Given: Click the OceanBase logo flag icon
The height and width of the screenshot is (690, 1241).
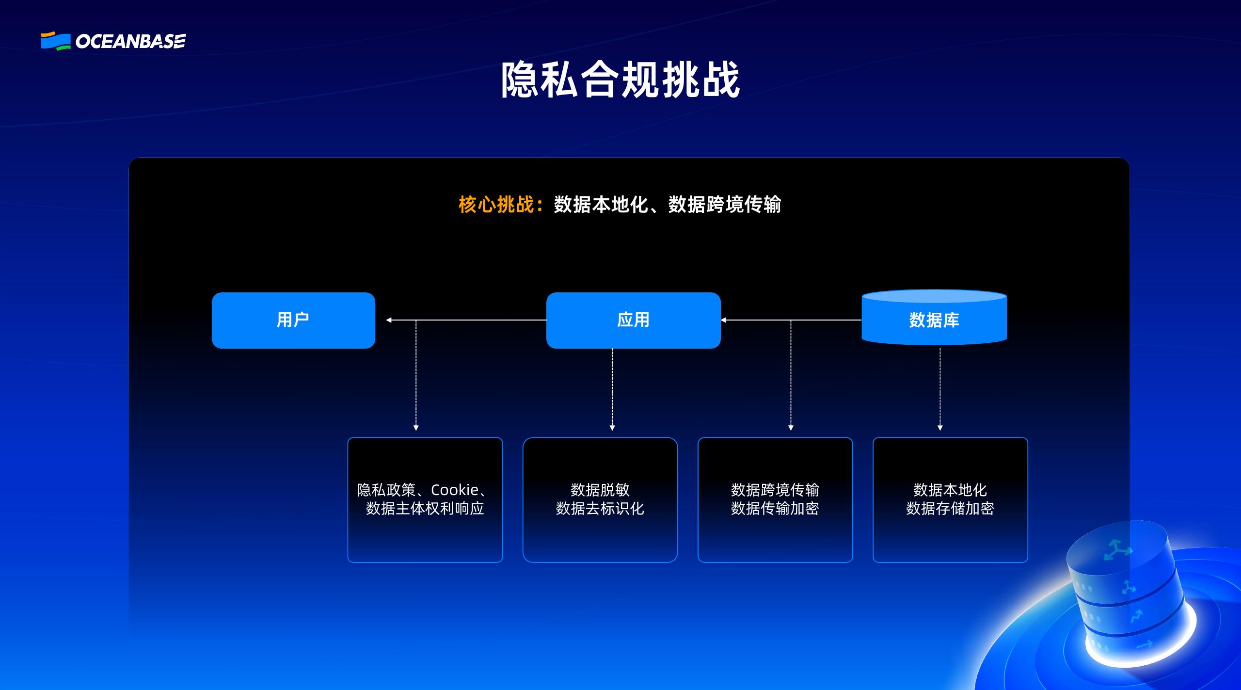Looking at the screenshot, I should click(55, 41).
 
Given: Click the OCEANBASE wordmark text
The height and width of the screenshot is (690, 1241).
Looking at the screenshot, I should click(130, 42).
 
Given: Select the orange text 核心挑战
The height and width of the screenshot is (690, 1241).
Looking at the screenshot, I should click(495, 205).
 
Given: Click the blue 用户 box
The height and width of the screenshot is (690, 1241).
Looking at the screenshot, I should click(293, 320).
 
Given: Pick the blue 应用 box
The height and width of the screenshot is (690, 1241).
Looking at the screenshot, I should click(633, 320).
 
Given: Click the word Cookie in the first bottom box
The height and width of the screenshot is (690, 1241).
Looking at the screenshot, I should click(455, 490).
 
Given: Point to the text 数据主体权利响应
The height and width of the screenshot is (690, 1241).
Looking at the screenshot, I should click(425, 509).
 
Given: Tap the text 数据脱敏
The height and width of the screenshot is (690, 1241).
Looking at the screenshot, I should click(600, 490).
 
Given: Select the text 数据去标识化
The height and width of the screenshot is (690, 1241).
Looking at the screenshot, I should click(600, 509).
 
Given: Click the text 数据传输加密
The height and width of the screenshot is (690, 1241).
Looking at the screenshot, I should click(775, 509).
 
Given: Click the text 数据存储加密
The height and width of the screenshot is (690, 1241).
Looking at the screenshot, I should click(950, 509).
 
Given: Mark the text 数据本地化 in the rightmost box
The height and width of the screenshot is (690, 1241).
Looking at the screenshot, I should click(950, 490).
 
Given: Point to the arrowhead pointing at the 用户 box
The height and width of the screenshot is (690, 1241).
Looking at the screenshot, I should click(389, 320).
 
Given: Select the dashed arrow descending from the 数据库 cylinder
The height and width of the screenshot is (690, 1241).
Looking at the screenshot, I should click(940, 388).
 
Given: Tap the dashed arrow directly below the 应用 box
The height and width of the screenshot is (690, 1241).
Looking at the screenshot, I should click(612, 388).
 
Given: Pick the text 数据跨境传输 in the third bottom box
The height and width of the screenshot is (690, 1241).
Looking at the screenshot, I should click(775, 490).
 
